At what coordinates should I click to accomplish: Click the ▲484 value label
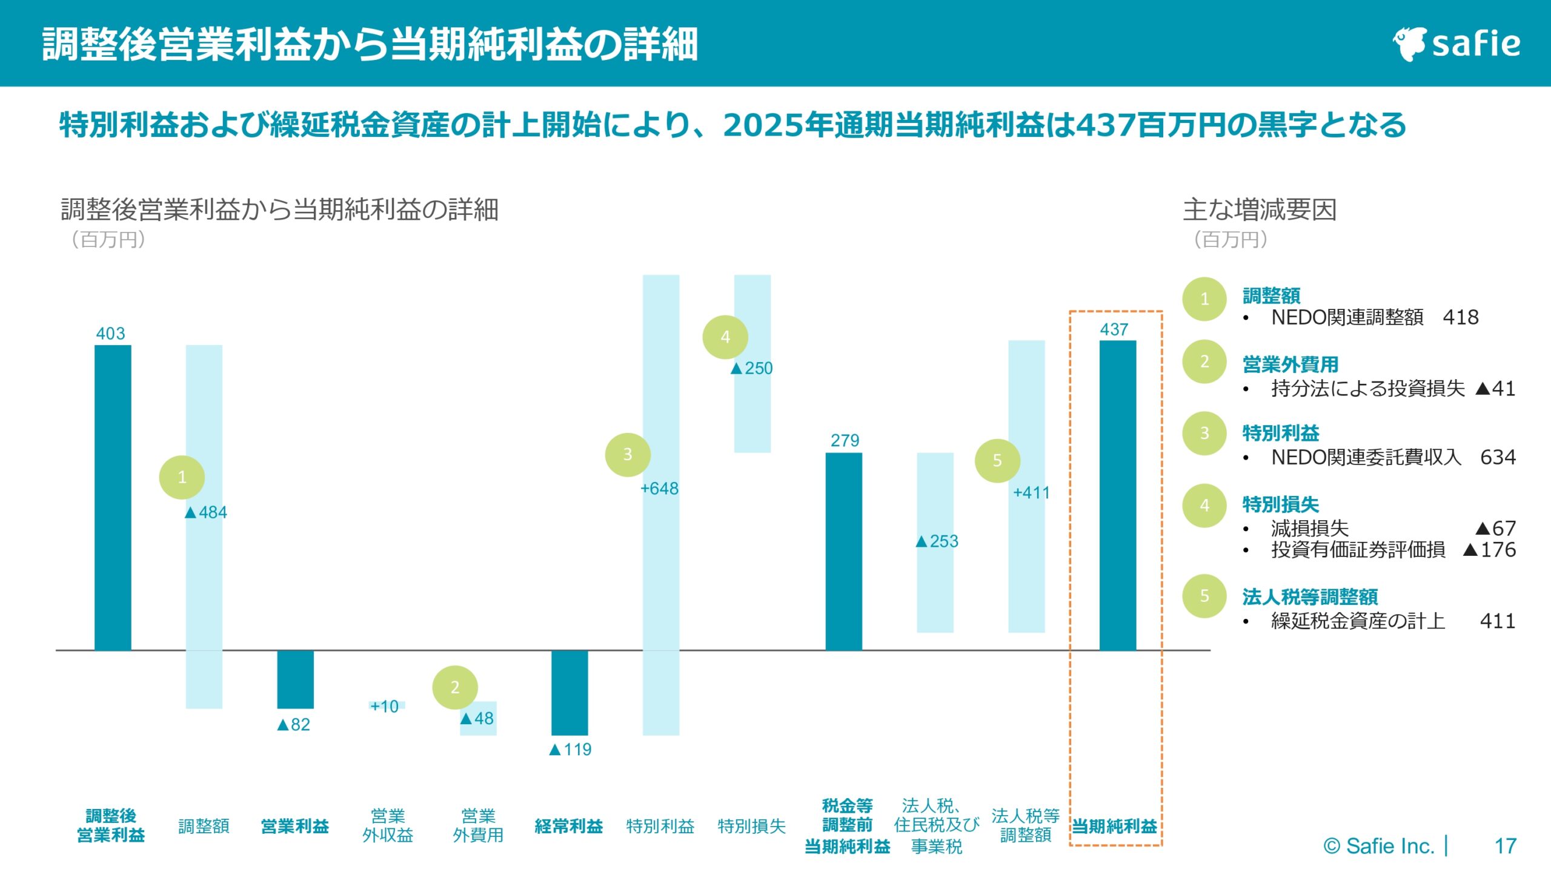(x=206, y=512)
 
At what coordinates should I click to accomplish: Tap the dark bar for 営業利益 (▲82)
(x=295, y=679)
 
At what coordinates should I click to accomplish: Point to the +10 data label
(x=385, y=706)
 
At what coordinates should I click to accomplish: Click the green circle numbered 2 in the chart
(x=454, y=687)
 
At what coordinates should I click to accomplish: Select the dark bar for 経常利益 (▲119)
(x=569, y=692)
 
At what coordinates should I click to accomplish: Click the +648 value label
(x=659, y=488)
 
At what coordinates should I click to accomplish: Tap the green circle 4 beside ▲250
(x=725, y=337)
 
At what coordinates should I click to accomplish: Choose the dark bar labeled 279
(x=843, y=551)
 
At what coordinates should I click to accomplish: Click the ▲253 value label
(x=937, y=541)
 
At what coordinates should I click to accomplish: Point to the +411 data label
(x=1031, y=492)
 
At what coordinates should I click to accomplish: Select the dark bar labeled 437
(x=1117, y=495)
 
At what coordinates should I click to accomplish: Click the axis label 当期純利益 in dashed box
(x=1115, y=826)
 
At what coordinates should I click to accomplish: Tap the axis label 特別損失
(x=751, y=826)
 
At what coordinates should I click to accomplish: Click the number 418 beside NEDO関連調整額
(x=1460, y=317)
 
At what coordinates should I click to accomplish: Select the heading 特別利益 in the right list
(x=1280, y=433)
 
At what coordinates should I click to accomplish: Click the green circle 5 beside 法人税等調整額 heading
(x=1204, y=596)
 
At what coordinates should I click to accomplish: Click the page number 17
(x=1505, y=845)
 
